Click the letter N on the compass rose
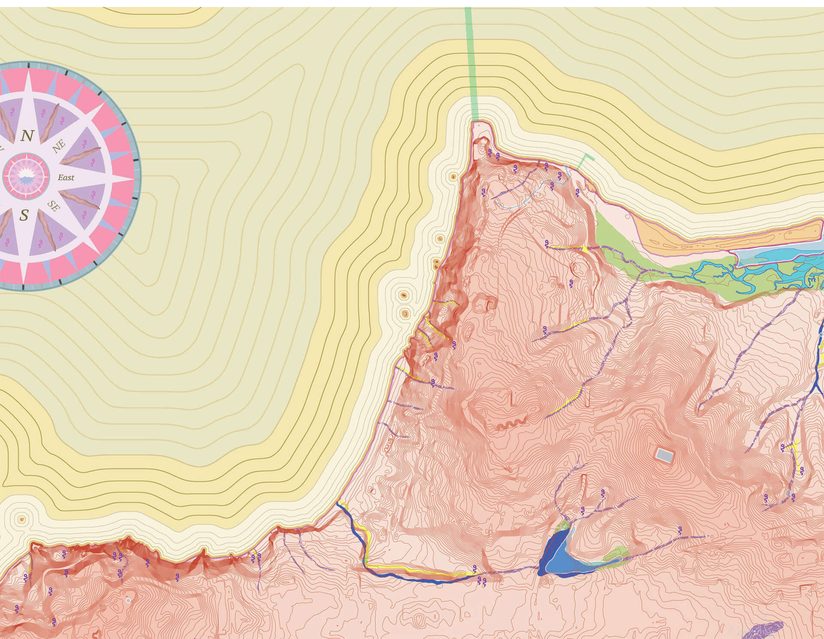27,136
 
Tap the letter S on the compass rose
24,215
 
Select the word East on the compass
66,178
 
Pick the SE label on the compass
54,206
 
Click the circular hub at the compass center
26,176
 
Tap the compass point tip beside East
131,177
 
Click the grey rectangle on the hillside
664,455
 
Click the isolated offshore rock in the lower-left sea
22,519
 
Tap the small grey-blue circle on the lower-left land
128,601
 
